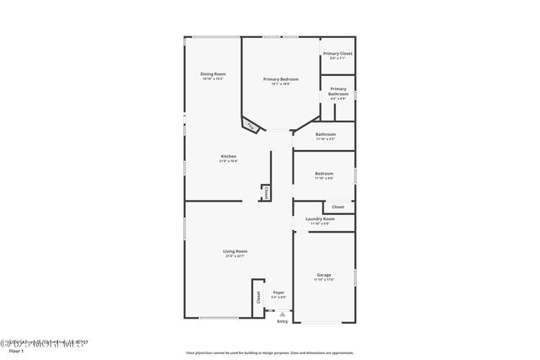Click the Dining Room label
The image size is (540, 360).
pos(213,74)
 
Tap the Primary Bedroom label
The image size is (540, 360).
pos(281,79)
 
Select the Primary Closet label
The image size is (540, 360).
pos(337,54)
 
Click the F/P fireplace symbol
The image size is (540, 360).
pos(250,126)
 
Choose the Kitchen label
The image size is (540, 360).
pos(229,157)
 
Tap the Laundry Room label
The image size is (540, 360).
pos(320,219)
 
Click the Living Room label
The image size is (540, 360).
pos(235,250)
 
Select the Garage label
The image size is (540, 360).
pos(324,275)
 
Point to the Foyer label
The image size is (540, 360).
pos(278,293)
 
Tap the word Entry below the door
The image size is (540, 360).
pos(282,321)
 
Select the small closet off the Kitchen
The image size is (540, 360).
pos(266,193)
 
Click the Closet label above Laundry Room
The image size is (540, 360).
pos(337,207)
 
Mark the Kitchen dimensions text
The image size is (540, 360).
pos(229,161)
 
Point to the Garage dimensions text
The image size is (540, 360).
pos(324,279)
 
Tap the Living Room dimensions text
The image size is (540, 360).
pos(235,255)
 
